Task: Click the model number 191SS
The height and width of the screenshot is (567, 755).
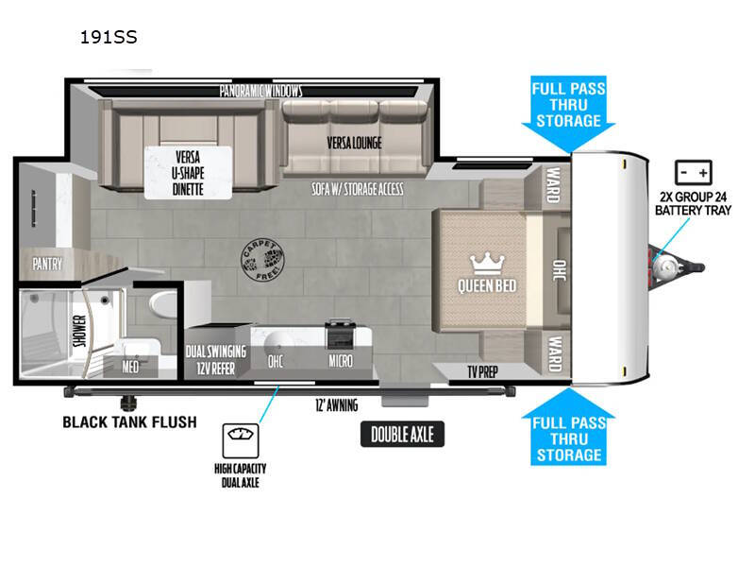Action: pyautogui.click(x=109, y=37)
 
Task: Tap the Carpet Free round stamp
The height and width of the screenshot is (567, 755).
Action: pyautogui.click(x=262, y=260)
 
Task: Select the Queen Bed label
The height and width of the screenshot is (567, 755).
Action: pyautogui.click(x=487, y=286)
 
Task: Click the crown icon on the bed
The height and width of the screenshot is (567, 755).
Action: pyautogui.click(x=487, y=264)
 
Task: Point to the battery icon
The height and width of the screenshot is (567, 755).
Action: pyautogui.click(x=694, y=173)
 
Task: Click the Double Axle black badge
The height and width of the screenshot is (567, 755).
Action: pyautogui.click(x=403, y=435)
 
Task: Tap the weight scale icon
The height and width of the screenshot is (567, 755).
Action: pyautogui.click(x=241, y=440)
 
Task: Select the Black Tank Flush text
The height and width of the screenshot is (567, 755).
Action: pyautogui.click(x=130, y=422)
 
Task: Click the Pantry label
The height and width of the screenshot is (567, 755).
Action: pyautogui.click(x=47, y=264)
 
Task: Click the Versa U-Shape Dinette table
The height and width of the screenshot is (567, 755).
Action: pyautogui.click(x=188, y=173)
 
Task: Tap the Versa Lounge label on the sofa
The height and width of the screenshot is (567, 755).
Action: pyautogui.click(x=355, y=144)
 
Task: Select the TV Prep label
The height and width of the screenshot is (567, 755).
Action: pyautogui.click(x=482, y=372)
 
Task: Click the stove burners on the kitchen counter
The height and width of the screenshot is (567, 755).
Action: pyautogui.click(x=340, y=333)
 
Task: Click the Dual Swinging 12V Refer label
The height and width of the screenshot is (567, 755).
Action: pyautogui.click(x=216, y=360)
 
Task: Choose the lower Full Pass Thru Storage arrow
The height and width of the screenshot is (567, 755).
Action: pyautogui.click(x=569, y=427)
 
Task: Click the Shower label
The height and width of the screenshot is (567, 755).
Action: pyautogui.click(x=80, y=331)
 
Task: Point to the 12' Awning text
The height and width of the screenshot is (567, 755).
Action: pyautogui.click(x=337, y=405)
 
